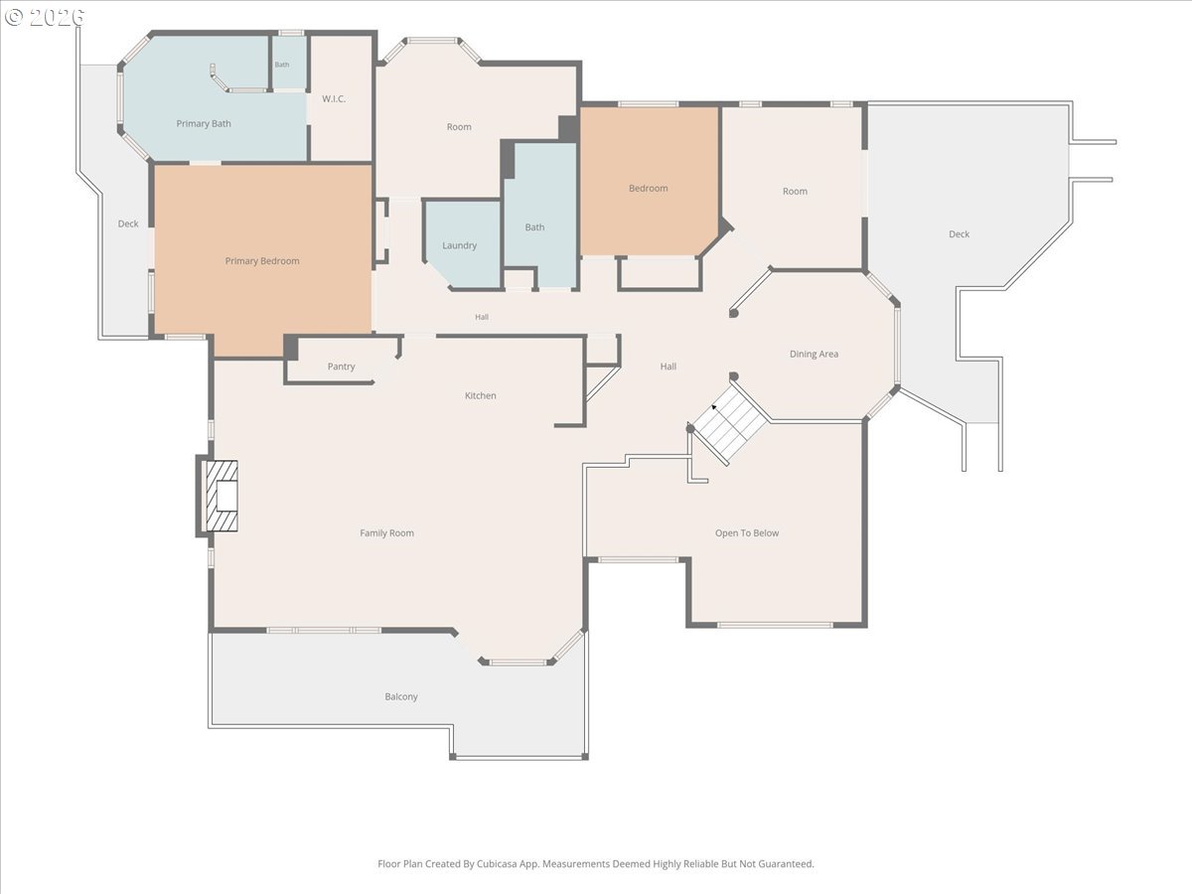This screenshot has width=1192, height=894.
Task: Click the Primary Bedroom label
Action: pyautogui.click(x=262, y=261)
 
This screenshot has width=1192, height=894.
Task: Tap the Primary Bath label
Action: pyautogui.click(x=204, y=124)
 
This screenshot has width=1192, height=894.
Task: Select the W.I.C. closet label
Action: pyautogui.click(x=334, y=98)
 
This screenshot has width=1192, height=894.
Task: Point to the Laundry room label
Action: pyautogui.click(x=460, y=245)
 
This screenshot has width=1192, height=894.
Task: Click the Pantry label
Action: pyautogui.click(x=341, y=367)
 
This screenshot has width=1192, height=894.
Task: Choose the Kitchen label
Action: pyautogui.click(x=481, y=395)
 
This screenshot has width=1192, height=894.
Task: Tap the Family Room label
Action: pyautogui.click(x=386, y=533)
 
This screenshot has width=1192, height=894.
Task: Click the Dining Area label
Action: pyautogui.click(x=814, y=354)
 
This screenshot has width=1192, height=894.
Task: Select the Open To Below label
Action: pyautogui.click(x=747, y=533)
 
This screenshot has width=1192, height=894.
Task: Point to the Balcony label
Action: pyautogui.click(x=401, y=696)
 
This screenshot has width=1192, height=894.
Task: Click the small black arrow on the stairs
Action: pyautogui.click(x=714, y=406)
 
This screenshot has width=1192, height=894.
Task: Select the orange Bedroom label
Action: pyautogui.click(x=649, y=189)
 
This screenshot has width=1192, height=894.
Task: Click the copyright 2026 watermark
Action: pyautogui.click(x=45, y=17)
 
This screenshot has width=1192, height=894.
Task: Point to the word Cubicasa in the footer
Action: pyautogui.click(x=498, y=863)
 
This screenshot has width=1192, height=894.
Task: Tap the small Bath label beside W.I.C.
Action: pyautogui.click(x=282, y=65)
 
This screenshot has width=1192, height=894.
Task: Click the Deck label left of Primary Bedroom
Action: pyautogui.click(x=128, y=223)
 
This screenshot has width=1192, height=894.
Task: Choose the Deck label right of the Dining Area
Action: pyautogui.click(x=959, y=234)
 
